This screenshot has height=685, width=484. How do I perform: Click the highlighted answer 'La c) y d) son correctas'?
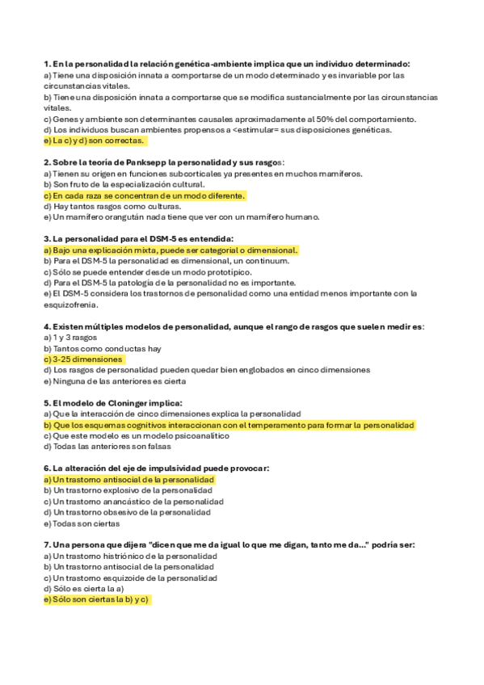(x=94, y=140)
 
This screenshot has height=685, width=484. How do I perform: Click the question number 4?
(x=46, y=326)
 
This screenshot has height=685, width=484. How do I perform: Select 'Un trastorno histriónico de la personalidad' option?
(x=130, y=556)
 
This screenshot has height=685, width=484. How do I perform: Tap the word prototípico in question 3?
(x=229, y=271)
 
